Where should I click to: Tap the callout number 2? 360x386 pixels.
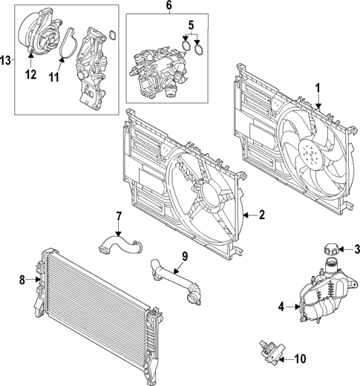pos(261,215)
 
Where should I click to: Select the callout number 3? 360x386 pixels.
pos(356,249)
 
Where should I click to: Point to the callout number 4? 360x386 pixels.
pos(281,305)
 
